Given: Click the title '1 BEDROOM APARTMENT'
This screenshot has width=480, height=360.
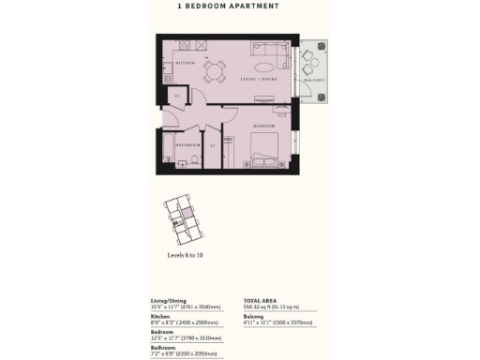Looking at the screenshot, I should pos(228,6).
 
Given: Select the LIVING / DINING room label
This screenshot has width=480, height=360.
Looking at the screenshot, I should pos(261,80).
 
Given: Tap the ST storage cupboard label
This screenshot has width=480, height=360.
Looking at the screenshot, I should pos(213,145).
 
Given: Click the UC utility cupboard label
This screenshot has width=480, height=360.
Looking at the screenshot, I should pos(175,96).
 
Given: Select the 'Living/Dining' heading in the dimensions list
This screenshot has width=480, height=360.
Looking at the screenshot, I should pos(172,298).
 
